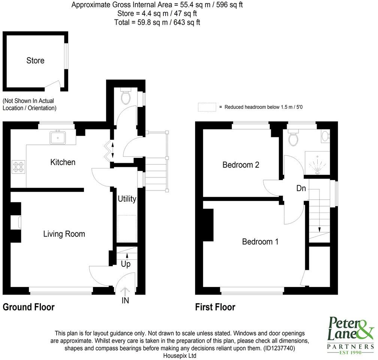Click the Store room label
pyautogui.click(x=35, y=61)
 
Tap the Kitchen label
pyautogui.click(x=63, y=162)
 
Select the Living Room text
pyautogui.click(x=64, y=234)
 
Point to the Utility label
pyautogui.click(x=127, y=199)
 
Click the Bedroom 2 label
pyautogui.click(x=241, y=165)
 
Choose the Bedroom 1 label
pyautogui.click(x=260, y=241)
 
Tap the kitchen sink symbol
pyautogui.click(x=58, y=137)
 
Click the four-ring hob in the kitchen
pyautogui.click(x=18, y=166)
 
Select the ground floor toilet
pyautogui.click(x=126, y=97)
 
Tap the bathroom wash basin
pyautogui.click(x=326, y=136)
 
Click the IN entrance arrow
pyautogui.click(x=125, y=290)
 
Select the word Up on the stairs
pyautogui.click(x=126, y=264)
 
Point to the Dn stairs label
pyautogui.click(x=301, y=188)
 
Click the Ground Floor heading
pyautogui.click(x=28, y=307)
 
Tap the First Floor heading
pyautogui.click(x=215, y=307)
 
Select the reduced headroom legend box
pyautogui.click(x=207, y=107)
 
